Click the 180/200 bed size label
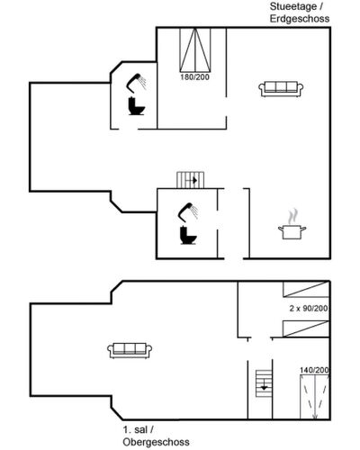[x=194, y=77]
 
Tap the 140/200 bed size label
[x=314, y=370]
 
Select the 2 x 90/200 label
[x=309, y=308]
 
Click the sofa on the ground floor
[x=281, y=89]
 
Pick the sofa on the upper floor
[x=130, y=351]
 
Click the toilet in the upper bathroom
[x=136, y=106]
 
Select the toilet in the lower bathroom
[x=188, y=235]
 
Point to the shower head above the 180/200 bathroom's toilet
[x=136, y=82]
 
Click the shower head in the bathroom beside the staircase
[x=188, y=211]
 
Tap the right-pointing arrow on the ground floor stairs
[x=192, y=181]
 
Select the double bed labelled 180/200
[x=195, y=50]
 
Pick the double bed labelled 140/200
[x=315, y=397]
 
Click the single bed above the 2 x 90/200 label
[x=306, y=289]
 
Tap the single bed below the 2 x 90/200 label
[x=306, y=328]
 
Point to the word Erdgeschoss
[x=300, y=19]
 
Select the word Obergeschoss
[x=156, y=442]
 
